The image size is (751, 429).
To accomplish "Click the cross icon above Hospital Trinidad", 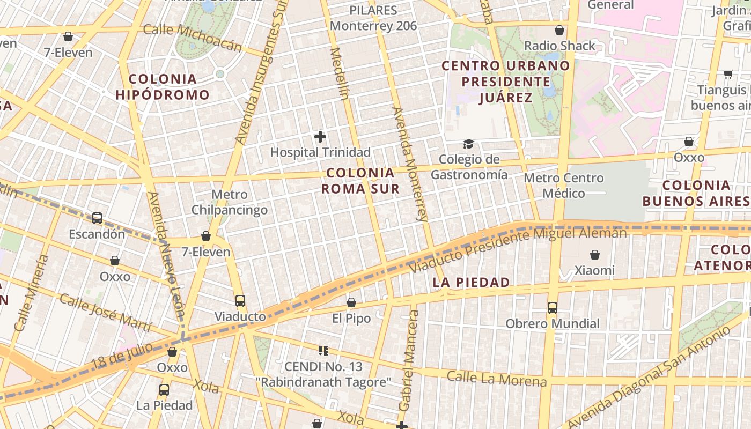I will [320, 137].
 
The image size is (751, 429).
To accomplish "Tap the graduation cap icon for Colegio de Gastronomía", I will [469, 144].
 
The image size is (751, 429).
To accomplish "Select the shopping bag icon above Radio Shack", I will [559, 30].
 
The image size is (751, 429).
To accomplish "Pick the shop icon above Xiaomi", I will [594, 255].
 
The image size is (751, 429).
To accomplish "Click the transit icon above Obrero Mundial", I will [553, 308].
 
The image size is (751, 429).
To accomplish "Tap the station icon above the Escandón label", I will [97, 218].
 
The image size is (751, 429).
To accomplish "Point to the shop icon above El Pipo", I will [351, 303].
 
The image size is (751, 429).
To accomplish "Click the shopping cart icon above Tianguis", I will [728, 74].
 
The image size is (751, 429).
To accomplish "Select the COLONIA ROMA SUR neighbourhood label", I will [360, 181].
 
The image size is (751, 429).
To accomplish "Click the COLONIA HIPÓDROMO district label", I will [163, 87].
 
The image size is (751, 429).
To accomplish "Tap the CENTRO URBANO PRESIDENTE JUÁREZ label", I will [505, 82].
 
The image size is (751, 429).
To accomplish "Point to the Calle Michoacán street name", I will [193, 37].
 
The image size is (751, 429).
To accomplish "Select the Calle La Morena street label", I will [497, 379].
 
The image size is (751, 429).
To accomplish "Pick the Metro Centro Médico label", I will [563, 186].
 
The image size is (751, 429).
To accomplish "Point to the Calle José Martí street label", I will [105, 313].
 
